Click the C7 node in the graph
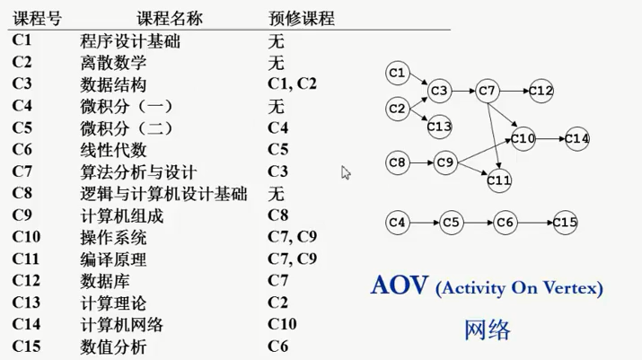point(487,91)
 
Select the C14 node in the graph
point(577,138)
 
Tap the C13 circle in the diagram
point(439,127)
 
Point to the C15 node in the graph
point(565,222)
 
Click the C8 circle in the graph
point(398,162)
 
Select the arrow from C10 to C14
point(550,138)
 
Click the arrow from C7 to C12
point(514,91)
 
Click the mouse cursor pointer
point(346,171)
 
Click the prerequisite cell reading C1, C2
point(292,84)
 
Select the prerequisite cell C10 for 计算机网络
point(283,324)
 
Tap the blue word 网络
point(488,329)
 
